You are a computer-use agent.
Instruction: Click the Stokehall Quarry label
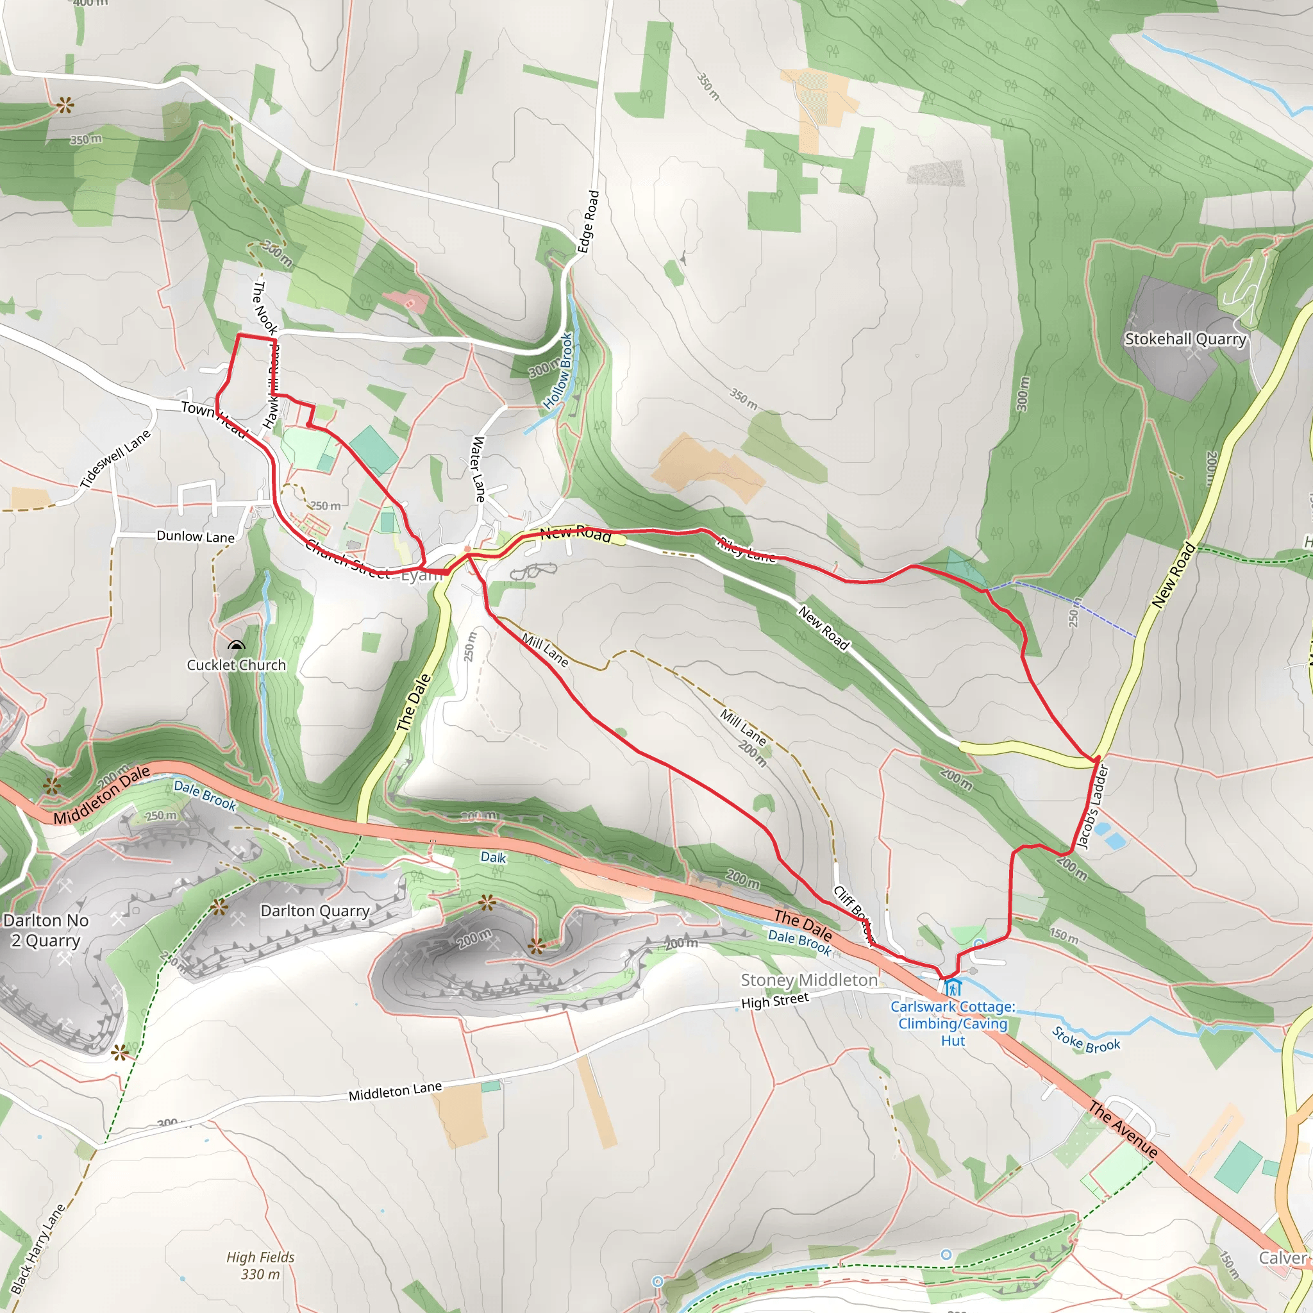[1185, 339]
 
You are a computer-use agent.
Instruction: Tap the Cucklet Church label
[237, 665]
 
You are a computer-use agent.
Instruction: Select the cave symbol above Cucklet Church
[236, 645]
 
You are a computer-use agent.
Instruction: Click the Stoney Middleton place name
[808, 980]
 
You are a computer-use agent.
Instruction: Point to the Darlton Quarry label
[315, 910]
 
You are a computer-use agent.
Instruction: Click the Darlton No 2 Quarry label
[46, 930]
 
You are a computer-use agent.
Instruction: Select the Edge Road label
[589, 222]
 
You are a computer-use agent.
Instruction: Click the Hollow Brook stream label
[558, 371]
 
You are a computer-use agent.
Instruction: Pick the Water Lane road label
[479, 469]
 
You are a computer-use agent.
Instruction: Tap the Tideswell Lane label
[115, 460]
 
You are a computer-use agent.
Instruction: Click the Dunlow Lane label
[196, 536]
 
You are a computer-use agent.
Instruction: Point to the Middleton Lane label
[395, 1091]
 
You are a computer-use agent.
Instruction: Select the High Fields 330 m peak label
[260, 1266]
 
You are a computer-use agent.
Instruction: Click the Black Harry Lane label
[38, 1248]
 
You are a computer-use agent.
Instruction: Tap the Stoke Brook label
[1086, 1040]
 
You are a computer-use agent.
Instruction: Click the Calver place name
[1282, 1258]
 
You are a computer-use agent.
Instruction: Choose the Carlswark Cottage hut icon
[952, 987]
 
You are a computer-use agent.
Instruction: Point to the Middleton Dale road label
[102, 795]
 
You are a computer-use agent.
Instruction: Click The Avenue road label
[1123, 1130]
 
